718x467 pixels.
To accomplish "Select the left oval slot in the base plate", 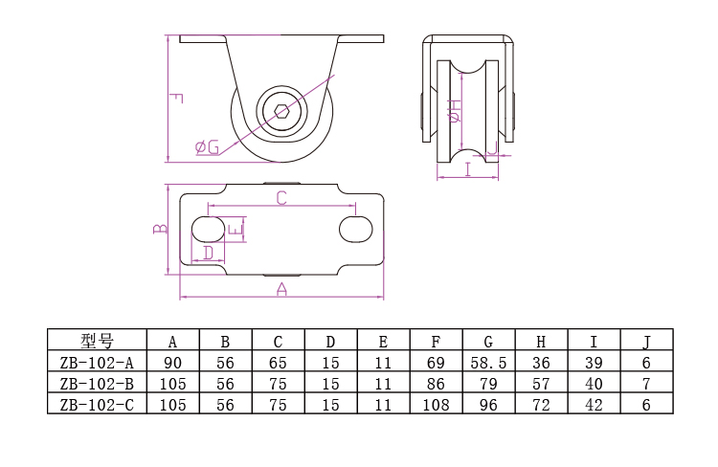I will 208,230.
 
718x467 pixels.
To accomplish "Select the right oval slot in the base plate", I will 355,230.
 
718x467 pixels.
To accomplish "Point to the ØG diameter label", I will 207,146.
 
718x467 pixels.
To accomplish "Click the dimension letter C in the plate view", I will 281,198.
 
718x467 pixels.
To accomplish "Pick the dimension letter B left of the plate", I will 161,229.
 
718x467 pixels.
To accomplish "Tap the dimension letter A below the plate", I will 281,289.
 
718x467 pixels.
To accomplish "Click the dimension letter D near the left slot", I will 208,254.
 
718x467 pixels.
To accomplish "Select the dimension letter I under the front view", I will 467,170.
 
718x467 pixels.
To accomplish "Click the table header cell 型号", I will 97,341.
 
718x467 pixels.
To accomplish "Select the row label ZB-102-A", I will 97,363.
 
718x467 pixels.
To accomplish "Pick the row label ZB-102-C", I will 97,405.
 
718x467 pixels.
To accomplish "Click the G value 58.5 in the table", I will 488,363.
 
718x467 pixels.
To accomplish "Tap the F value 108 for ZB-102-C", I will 436,405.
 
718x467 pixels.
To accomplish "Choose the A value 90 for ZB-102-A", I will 172,363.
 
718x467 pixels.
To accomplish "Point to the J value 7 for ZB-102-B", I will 646,384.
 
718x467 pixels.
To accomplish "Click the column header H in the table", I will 541,341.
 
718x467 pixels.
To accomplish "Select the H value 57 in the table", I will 541,384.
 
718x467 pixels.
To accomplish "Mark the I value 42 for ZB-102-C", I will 594,405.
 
